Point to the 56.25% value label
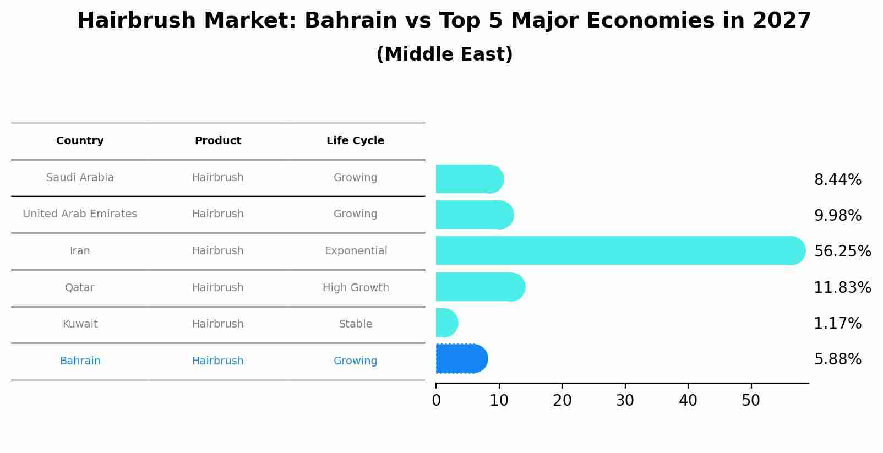(842, 252)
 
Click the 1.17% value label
(837, 324)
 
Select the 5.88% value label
(837, 359)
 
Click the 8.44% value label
(837, 180)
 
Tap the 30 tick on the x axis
(625, 401)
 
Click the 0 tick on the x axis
(436, 401)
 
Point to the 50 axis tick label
(751, 401)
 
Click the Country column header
(80, 141)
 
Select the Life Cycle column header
(355, 141)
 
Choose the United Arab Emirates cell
(80, 214)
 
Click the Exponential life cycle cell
(356, 251)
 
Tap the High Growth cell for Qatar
(356, 288)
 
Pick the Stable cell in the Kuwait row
(356, 324)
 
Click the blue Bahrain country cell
(80, 361)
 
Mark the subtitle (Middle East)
(444, 54)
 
